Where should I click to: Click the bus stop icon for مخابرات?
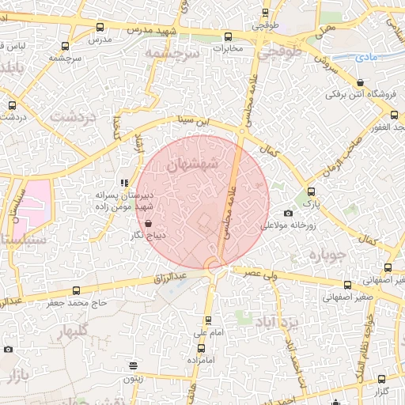point(229,36)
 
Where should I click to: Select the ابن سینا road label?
point(195,121)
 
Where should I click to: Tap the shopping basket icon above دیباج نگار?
point(150,224)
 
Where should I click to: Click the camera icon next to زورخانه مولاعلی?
point(288,213)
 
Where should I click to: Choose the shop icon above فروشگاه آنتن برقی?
point(361,82)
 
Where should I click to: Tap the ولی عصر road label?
point(262,273)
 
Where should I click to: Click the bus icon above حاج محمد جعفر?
point(76,290)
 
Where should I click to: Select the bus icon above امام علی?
point(208,320)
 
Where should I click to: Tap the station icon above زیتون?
point(133,365)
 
